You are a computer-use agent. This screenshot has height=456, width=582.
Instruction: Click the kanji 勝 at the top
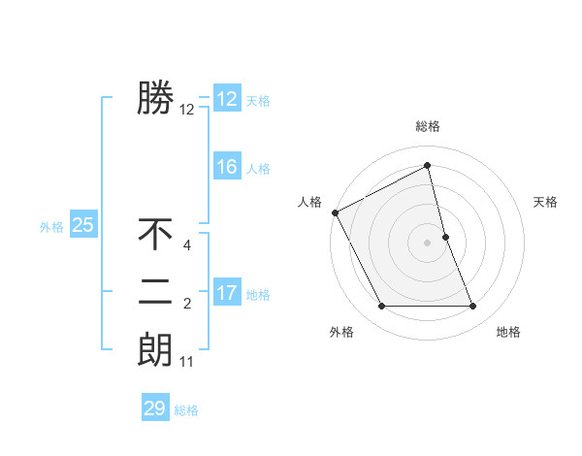point(155,97)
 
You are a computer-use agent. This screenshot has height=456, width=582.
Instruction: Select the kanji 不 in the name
point(155,234)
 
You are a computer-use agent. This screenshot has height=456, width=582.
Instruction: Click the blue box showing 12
point(226,99)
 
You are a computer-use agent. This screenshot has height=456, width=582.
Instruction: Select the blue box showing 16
point(226,167)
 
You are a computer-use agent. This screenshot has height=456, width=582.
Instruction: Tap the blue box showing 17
point(226,293)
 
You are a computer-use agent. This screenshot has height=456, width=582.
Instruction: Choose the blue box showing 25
point(82,226)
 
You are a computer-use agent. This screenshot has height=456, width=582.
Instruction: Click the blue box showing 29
point(154,408)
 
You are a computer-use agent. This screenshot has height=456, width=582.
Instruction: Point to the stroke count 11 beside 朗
point(187,363)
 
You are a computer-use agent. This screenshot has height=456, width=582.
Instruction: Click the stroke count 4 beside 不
point(187,246)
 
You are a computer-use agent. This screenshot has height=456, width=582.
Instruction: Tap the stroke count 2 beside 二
point(187,305)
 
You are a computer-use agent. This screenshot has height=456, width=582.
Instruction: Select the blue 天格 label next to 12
point(258,101)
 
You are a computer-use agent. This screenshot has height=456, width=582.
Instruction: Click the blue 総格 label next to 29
point(186,410)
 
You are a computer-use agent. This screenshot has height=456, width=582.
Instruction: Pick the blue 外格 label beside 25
point(51,227)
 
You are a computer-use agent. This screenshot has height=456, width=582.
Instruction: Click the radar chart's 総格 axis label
point(428,126)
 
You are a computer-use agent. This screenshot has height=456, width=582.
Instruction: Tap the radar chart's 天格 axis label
point(546,202)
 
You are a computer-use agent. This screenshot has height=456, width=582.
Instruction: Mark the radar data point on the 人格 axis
point(335,212)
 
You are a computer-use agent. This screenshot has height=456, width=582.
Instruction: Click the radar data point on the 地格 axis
point(473,307)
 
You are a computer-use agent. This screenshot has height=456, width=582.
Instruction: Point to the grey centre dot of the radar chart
point(428,243)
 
